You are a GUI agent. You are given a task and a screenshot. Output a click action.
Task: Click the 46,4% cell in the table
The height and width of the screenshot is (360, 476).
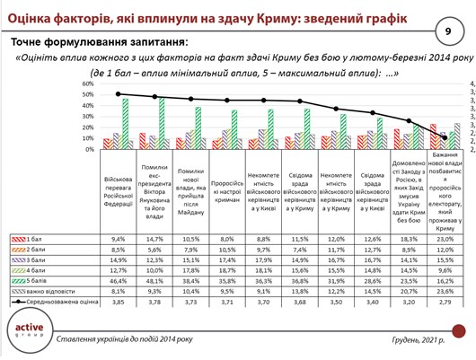pyautogui.click(x=117, y=280)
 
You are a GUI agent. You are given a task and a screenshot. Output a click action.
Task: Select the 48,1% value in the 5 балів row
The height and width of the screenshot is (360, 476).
pyautogui.click(x=154, y=280)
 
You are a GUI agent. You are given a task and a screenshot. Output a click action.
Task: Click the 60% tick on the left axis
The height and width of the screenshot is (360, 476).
pyautogui.click(x=88, y=83)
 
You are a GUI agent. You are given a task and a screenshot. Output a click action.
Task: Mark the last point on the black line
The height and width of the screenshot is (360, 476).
pyautogui.click(x=446, y=136)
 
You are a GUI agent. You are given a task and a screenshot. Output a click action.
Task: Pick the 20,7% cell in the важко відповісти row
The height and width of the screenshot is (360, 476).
pyautogui.click(x=410, y=293)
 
